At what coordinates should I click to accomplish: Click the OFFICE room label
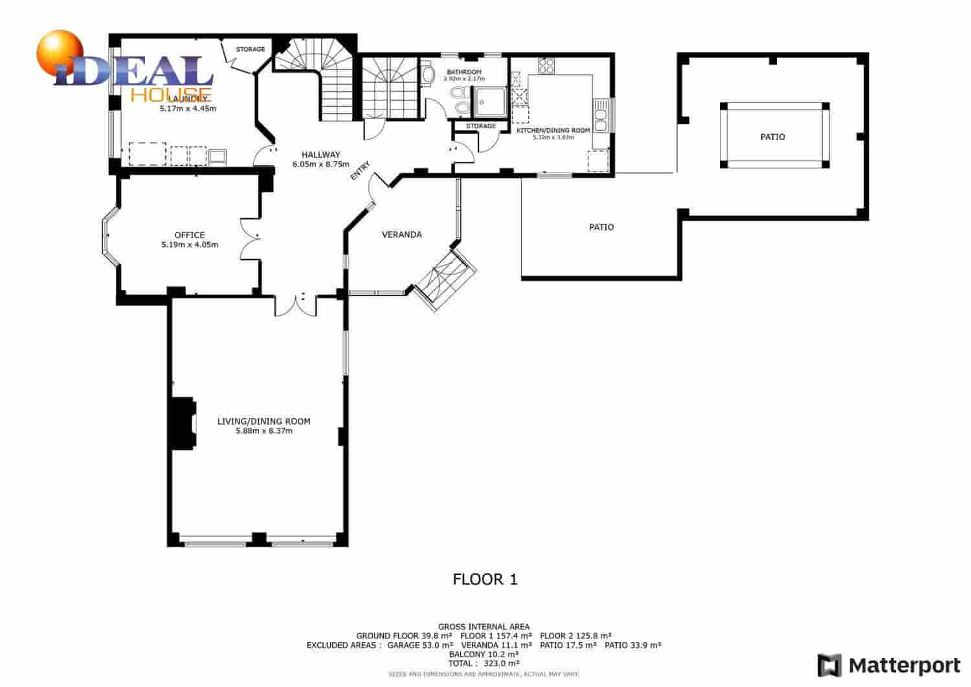click(x=189, y=235)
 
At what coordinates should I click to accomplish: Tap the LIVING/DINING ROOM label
click(x=263, y=422)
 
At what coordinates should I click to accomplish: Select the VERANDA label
click(x=401, y=234)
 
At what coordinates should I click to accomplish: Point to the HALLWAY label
click(x=320, y=155)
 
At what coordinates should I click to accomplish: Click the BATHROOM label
click(x=463, y=72)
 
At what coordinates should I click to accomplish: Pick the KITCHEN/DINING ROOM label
click(x=553, y=130)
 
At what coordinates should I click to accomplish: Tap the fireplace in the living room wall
click(x=182, y=423)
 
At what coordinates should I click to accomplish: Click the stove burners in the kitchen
click(x=546, y=65)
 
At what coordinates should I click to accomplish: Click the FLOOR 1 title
click(x=485, y=580)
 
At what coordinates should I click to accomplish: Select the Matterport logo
click(x=889, y=665)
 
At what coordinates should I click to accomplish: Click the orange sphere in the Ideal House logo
click(x=60, y=50)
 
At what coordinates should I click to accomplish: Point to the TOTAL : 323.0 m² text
click(x=485, y=663)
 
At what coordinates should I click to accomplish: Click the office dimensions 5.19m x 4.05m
click(x=189, y=245)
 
